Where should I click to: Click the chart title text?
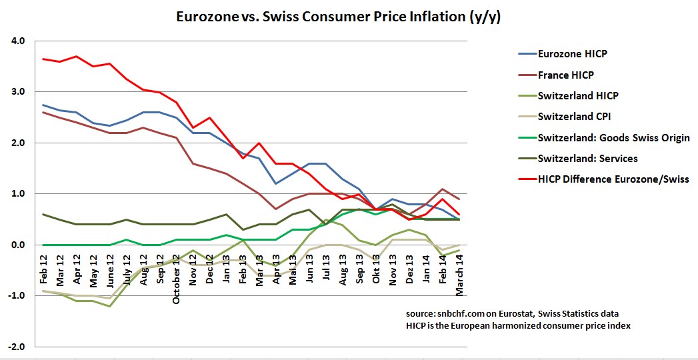338,17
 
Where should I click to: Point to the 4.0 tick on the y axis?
18,41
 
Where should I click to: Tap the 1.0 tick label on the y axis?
18,194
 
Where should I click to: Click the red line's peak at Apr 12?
77,56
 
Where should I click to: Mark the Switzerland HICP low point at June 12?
110,306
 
